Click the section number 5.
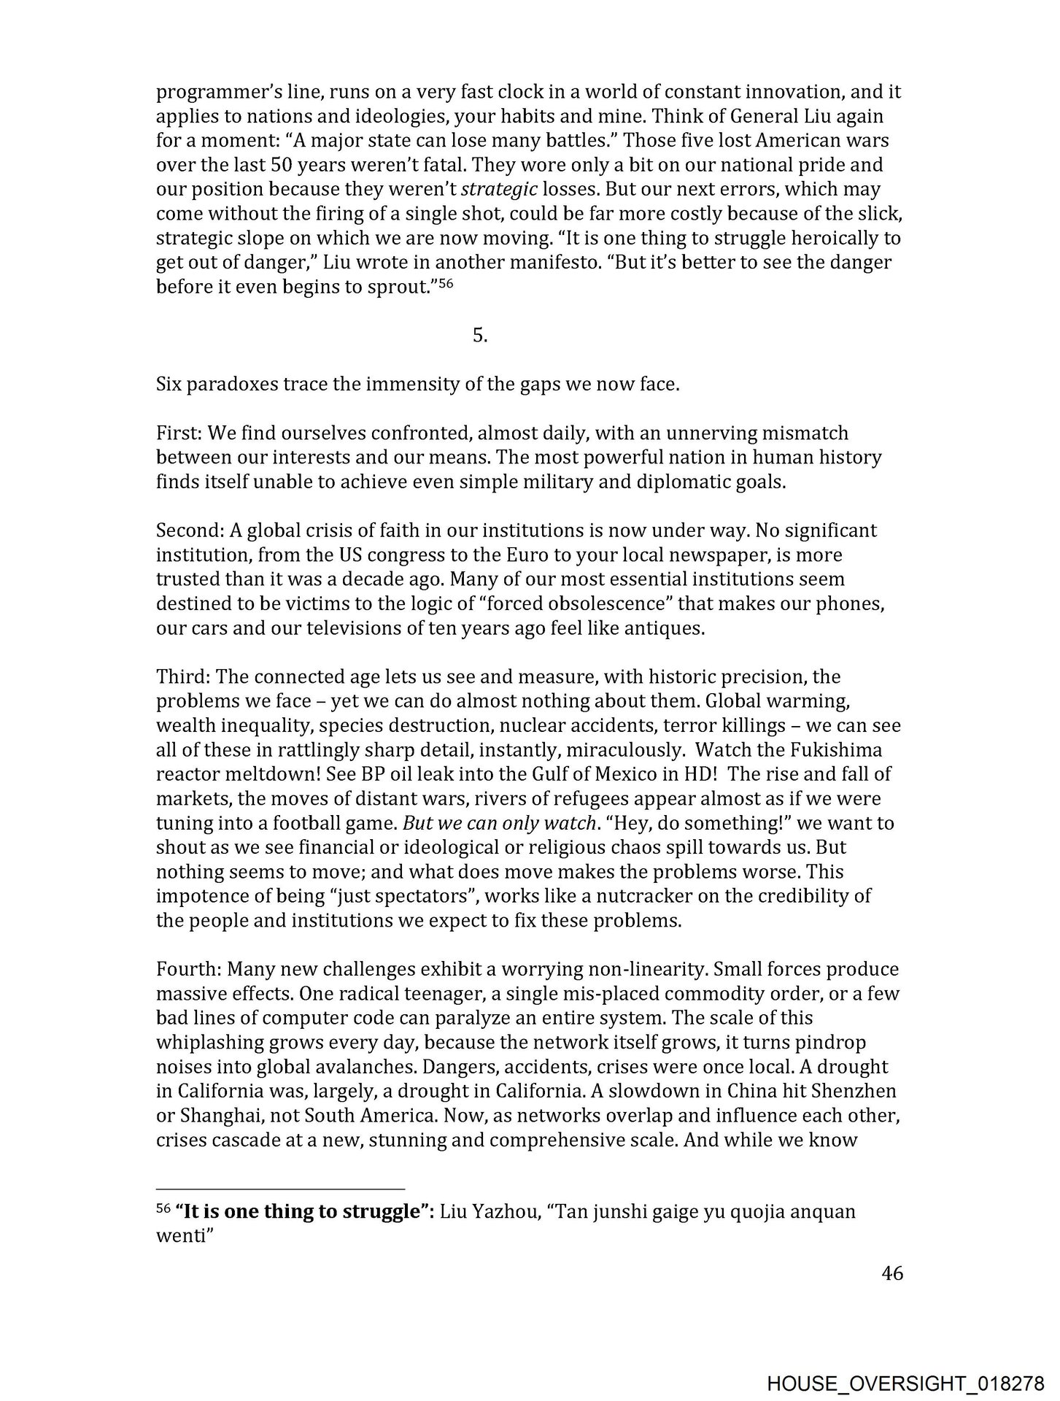coord(479,336)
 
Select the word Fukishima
coord(843,750)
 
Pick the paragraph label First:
coord(179,433)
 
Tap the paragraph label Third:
coord(183,677)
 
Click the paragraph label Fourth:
coord(189,970)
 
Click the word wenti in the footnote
coord(178,1238)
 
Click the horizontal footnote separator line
coord(280,1188)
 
